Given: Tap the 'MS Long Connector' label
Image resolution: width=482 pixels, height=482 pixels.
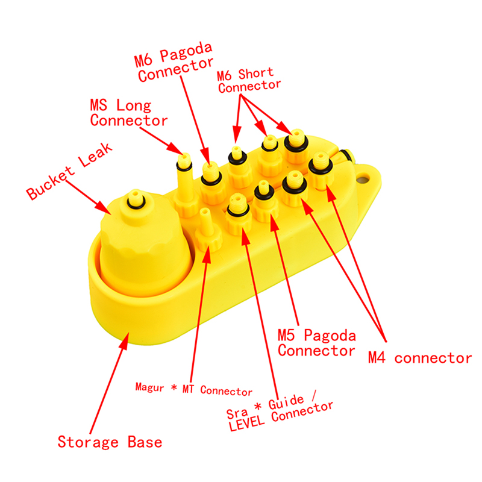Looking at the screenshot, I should point(128,113).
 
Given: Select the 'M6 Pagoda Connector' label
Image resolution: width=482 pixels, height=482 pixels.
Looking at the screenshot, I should point(174,66).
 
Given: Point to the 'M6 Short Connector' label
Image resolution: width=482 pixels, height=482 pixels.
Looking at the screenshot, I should point(249,80).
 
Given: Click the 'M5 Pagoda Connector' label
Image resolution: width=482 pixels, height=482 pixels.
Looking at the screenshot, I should point(316,342).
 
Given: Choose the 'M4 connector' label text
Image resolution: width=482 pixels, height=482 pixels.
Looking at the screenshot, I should point(419,358).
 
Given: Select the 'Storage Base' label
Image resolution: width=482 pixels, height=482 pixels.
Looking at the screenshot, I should point(110,442).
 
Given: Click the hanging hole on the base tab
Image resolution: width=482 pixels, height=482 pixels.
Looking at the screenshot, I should point(362,180).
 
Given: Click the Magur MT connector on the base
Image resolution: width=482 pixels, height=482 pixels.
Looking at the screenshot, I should point(207,232).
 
